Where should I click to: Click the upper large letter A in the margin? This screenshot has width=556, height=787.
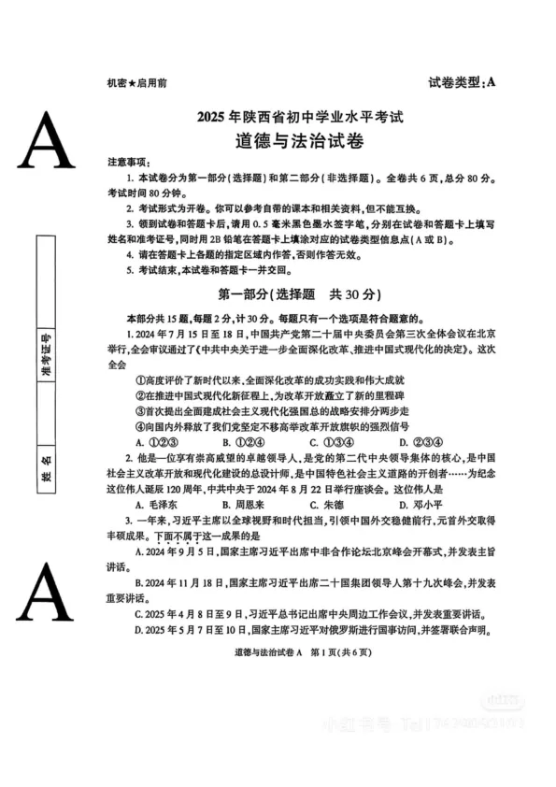(x=46, y=139)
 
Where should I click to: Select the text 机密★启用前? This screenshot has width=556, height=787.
(x=137, y=83)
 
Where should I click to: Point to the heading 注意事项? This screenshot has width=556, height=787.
(x=126, y=162)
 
